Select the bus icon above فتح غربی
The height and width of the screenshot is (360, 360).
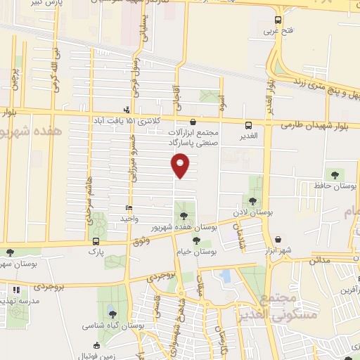click(x=278, y=20)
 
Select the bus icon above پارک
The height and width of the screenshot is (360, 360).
click(x=96, y=240)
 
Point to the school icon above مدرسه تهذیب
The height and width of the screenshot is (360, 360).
click(x=15, y=288)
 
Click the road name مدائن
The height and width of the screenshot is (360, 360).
click(x=319, y=259)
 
